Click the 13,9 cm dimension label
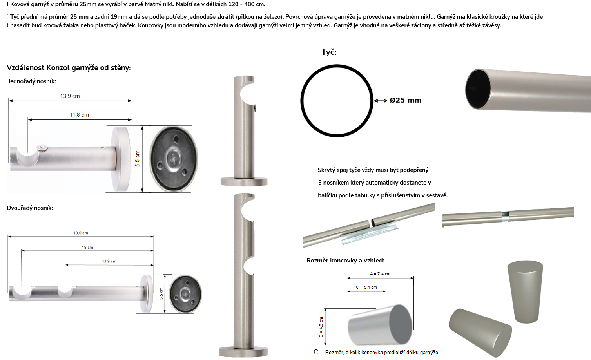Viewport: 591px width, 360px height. click(x=70, y=96)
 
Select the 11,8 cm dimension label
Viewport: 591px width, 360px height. click(x=80, y=115)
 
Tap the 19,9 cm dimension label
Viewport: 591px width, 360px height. click(x=81, y=233)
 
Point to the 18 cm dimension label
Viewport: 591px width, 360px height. click(x=87, y=248)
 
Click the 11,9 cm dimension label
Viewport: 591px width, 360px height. click(x=109, y=261)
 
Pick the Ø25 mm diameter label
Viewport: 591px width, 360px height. click(x=406, y=100)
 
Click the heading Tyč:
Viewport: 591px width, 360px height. click(x=329, y=52)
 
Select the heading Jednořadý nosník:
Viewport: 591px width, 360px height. click(x=32, y=81)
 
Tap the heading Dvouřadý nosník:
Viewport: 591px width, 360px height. click(x=30, y=208)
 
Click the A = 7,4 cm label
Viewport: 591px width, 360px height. click(x=380, y=274)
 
